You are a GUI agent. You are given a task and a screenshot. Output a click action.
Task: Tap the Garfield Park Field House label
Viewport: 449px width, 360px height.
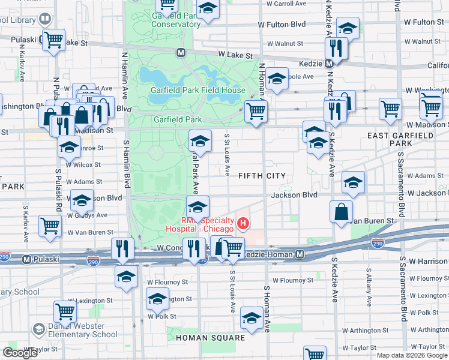[x=199, y=91]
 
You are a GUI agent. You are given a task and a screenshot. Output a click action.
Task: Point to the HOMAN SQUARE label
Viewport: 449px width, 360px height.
[x=210, y=338]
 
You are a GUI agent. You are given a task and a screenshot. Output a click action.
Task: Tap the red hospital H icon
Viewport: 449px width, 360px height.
[x=243, y=224]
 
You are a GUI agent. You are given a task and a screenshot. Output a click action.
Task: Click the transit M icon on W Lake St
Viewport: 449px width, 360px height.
[x=180, y=53]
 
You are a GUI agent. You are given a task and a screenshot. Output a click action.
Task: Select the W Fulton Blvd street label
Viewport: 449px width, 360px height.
[x=282, y=25]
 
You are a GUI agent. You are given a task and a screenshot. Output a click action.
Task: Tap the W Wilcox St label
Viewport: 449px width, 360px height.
[x=83, y=164]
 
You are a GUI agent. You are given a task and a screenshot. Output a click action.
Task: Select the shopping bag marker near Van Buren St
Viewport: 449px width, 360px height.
[x=341, y=212]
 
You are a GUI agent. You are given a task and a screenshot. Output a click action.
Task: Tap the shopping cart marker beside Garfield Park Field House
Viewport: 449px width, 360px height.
[x=256, y=110]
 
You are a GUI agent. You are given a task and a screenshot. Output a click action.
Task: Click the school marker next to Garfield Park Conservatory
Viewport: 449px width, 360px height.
[x=208, y=8]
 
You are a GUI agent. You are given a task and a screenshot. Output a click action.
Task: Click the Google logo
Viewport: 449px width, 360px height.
[x=20, y=353]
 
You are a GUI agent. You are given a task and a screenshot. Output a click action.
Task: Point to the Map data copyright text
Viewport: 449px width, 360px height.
[x=411, y=355]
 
